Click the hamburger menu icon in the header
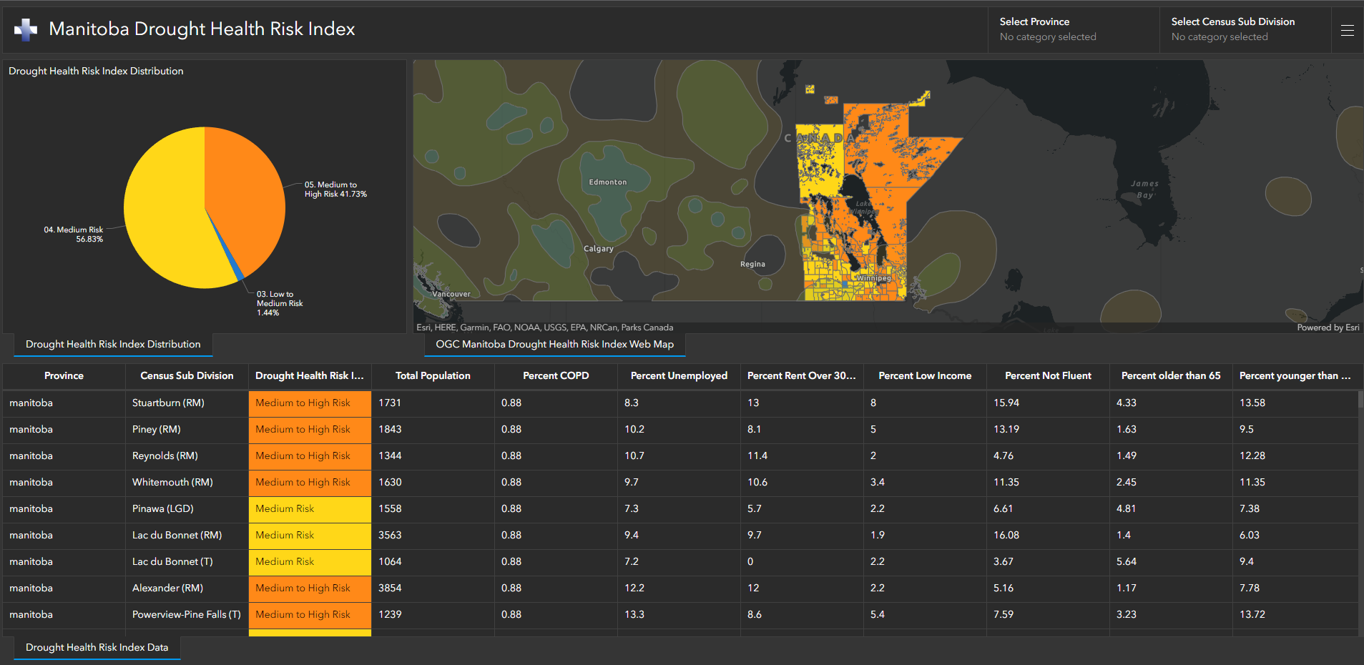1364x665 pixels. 1347,30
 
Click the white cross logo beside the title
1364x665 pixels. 26,29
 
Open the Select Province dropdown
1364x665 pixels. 1073,29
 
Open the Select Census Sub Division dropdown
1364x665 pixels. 1245,29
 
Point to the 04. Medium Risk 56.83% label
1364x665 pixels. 74,235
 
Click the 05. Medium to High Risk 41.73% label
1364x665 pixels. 335,189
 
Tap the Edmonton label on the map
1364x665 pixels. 607,182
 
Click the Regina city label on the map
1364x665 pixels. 752,265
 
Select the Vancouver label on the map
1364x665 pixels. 451,294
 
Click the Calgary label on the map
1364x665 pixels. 599,249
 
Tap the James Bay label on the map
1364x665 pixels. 1144,189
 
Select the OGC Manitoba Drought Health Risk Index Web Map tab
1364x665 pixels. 554,344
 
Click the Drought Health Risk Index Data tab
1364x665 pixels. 97,647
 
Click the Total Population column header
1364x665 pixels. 433,375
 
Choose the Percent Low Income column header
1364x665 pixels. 925,375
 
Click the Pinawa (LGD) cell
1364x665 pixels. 163,508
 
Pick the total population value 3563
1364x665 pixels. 390,535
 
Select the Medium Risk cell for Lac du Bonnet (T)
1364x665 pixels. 285,561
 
